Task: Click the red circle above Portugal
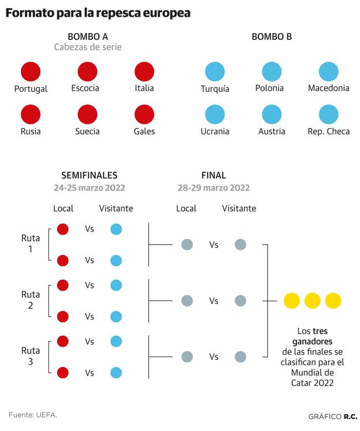pyautogui.click(x=31, y=72)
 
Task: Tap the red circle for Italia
pyautogui.click(x=144, y=72)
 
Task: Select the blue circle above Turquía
pyautogui.click(x=215, y=72)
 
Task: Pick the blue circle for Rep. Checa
pyautogui.click(x=329, y=114)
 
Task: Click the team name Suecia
pyautogui.click(x=87, y=132)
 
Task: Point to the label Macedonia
pyautogui.click(x=329, y=88)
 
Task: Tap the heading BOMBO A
pyautogui.click(x=88, y=36)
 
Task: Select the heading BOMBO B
pyautogui.click(x=272, y=36)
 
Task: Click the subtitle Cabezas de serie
pyautogui.click(x=88, y=47)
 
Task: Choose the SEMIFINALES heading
pyautogui.click(x=89, y=175)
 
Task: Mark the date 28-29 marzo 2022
pyautogui.click(x=213, y=188)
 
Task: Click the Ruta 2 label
pyautogui.click(x=31, y=300)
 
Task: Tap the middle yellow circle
pyautogui.click(x=313, y=301)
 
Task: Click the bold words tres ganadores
pyautogui.click(x=313, y=336)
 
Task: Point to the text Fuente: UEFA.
pyautogui.click(x=33, y=415)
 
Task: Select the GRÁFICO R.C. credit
pyautogui.click(x=333, y=417)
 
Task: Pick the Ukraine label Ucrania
pyautogui.click(x=215, y=132)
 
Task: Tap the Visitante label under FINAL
pyautogui.click(x=239, y=208)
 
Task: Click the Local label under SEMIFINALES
pyautogui.click(x=63, y=208)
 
